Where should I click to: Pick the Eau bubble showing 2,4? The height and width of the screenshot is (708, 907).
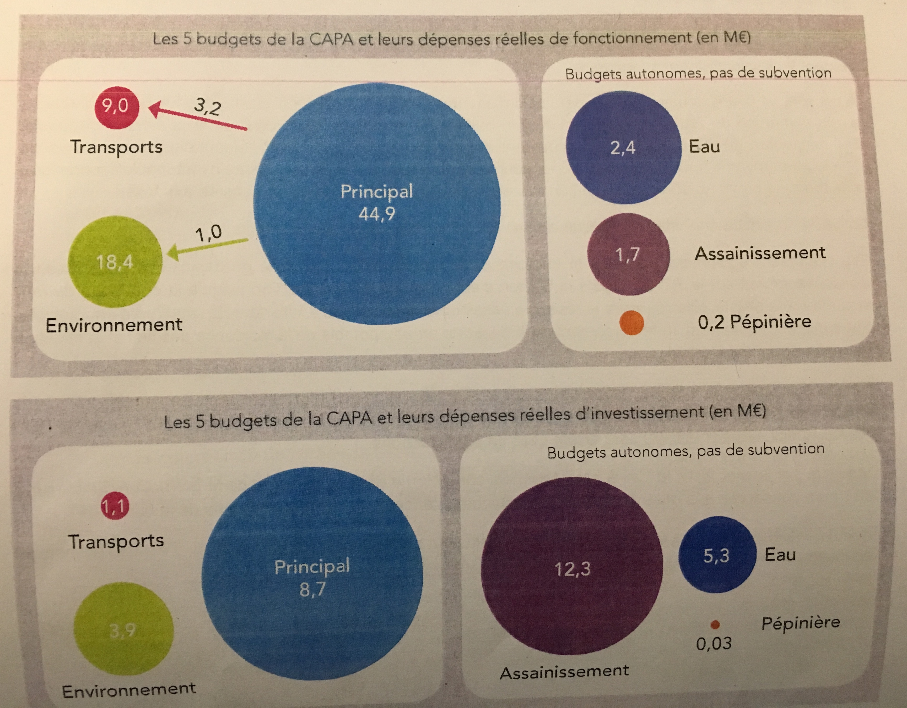point(623,148)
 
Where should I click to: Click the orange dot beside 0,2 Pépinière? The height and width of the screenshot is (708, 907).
point(631,323)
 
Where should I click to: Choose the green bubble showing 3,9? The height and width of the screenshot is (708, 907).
point(123,629)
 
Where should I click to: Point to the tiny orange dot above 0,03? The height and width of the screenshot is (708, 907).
point(715,625)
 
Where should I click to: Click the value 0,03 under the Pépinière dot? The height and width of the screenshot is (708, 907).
point(713,644)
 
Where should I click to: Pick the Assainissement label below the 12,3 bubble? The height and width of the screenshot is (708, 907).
point(564,672)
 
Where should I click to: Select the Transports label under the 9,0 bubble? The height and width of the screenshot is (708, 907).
point(116,147)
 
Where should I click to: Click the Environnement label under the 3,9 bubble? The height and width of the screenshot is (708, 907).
point(129,690)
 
